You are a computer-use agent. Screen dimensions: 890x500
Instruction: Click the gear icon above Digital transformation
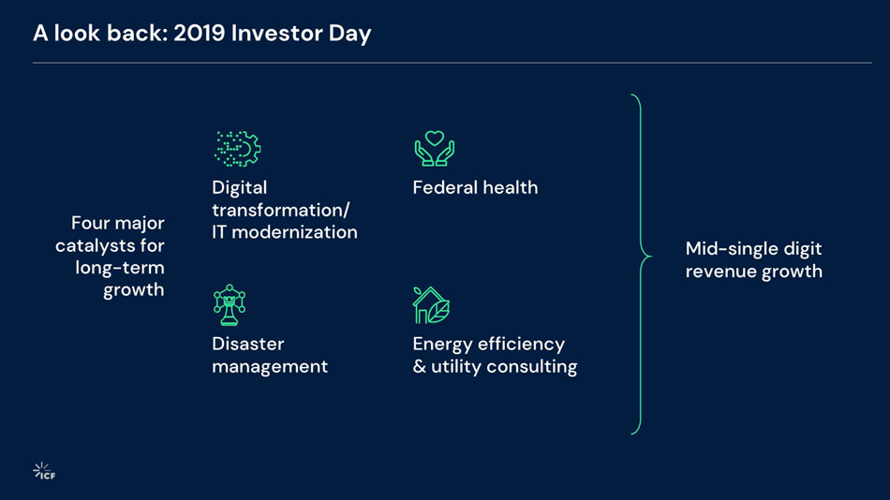pyautogui.click(x=237, y=149)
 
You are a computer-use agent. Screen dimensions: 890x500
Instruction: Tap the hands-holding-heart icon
pyautogui.click(x=434, y=149)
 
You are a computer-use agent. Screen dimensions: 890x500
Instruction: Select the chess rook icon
pyautogui.click(x=230, y=304)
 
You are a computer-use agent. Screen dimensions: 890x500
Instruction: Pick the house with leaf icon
pyautogui.click(x=431, y=305)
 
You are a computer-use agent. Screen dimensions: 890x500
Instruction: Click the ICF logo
pyautogui.click(x=44, y=471)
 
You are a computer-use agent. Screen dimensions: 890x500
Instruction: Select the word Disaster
pyautogui.click(x=248, y=344)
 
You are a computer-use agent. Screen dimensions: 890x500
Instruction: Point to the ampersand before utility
pyautogui.click(x=420, y=367)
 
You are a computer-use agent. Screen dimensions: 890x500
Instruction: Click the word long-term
pyautogui.click(x=120, y=269)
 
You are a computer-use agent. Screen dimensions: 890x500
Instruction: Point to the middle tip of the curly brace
pyautogui.click(x=652, y=257)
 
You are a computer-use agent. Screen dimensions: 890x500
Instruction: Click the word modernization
pyautogui.click(x=294, y=232)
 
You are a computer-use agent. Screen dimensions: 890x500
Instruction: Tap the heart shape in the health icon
pyautogui.click(x=434, y=138)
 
